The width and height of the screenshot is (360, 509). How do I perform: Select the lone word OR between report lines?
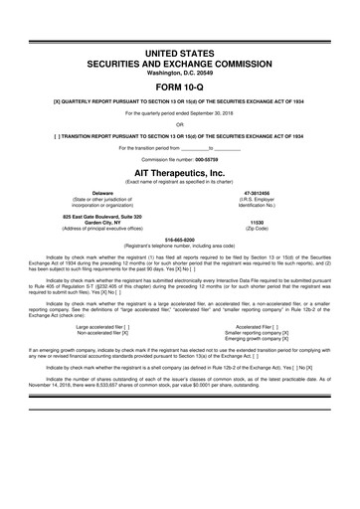[180, 123]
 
